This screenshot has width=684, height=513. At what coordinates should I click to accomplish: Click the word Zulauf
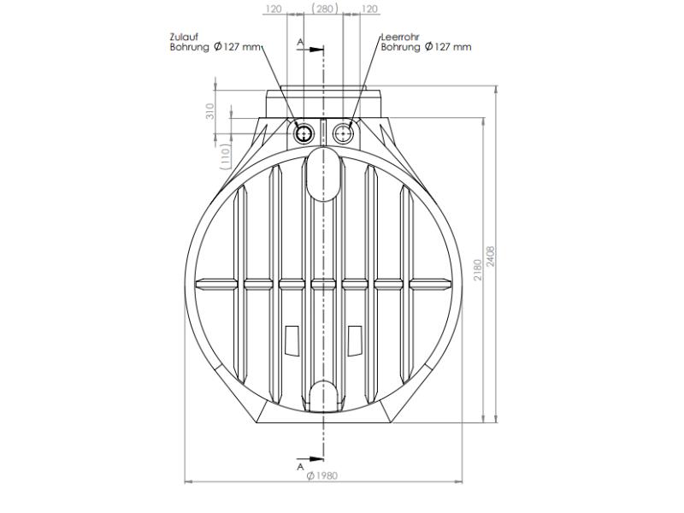point(184,38)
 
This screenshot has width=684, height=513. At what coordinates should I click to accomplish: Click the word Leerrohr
point(401,38)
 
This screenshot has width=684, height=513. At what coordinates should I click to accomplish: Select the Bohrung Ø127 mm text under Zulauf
point(214,48)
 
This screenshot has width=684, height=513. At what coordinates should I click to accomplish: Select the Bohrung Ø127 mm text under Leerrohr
point(426,48)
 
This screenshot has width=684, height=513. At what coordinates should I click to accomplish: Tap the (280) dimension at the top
point(324,9)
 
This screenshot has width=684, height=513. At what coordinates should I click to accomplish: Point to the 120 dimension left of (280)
point(274,9)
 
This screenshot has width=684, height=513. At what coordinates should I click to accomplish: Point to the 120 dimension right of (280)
point(370,9)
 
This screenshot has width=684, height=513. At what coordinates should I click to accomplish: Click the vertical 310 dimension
point(210,112)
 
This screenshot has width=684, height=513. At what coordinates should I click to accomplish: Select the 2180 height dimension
point(477,271)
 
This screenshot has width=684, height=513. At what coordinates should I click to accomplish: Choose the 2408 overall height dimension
point(491,256)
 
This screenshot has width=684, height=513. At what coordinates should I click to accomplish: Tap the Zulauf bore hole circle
point(304,133)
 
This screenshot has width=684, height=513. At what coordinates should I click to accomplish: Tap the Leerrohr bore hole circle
point(344,133)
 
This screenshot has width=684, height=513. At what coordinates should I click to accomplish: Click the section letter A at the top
point(300,41)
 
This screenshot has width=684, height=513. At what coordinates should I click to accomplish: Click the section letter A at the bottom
point(300,467)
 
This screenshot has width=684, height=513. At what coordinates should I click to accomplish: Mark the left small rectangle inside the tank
point(291,340)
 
